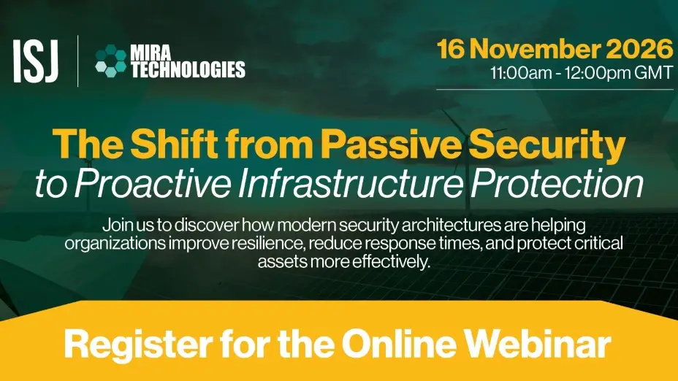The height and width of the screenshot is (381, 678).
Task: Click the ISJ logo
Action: (36, 61)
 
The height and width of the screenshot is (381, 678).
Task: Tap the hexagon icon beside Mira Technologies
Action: (111, 61)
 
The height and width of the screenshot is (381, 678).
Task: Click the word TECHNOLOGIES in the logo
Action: (188, 69)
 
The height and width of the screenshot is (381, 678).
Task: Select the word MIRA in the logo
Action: (151, 53)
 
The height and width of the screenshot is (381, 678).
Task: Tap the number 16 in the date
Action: (451, 49)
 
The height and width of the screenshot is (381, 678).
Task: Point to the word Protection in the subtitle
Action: (557, 184)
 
